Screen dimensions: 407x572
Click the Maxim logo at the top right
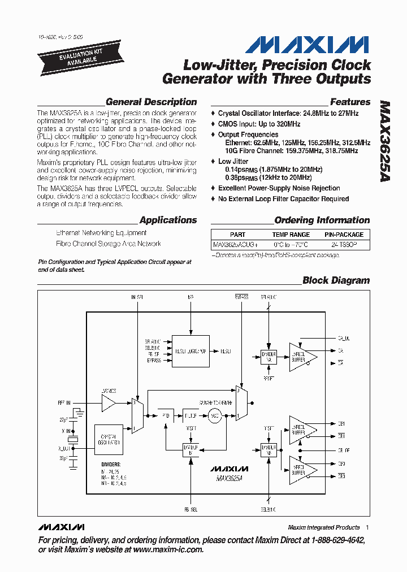coord(308,45)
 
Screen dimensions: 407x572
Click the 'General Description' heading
coord(151,102)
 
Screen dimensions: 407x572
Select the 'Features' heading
coord(350,102)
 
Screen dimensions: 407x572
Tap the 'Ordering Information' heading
coord(322,220)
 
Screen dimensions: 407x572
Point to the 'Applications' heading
coord(168,220)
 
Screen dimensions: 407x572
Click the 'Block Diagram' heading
coord(336,280)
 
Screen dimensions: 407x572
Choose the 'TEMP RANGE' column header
coord(291,235)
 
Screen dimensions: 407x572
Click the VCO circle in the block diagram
coord(214,417)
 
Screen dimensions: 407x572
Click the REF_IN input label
coord(63,403)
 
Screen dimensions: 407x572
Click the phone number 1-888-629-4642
coord(335,540)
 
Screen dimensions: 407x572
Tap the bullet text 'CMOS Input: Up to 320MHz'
coord(259,124)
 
